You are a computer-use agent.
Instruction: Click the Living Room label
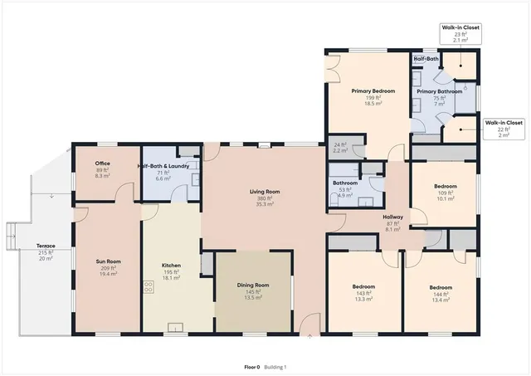265,192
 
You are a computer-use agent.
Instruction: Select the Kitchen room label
171,266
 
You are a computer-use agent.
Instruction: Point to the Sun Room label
109,261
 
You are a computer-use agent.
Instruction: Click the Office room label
102,164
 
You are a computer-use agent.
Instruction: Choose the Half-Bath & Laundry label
168,166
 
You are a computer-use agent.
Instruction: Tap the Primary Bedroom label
372,90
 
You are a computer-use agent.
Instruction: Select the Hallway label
393,216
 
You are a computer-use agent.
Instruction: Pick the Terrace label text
46,247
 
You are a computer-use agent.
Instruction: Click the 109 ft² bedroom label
445,186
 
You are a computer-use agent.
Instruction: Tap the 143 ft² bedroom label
363,286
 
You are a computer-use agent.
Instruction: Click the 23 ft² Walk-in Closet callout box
460,33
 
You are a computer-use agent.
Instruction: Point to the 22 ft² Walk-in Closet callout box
504,129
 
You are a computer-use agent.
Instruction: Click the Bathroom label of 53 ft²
345,183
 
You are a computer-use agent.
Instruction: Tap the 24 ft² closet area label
340,146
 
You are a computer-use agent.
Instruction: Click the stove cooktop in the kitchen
149,288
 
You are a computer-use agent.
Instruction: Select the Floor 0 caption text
251,366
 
